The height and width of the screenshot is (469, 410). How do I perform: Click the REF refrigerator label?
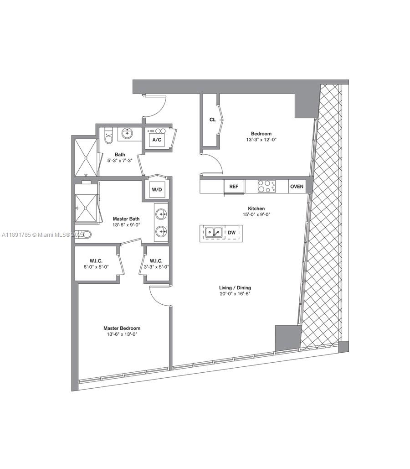click(234, 187)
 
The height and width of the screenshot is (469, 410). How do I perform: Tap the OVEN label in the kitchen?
click(297, 187)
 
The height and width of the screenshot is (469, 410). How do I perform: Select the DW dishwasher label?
click(231, 233)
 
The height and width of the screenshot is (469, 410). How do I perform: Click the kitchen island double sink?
click(214, 233)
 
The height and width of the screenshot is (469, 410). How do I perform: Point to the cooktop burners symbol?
click(266, 186)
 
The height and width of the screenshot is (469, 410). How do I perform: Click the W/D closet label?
click(157, 189)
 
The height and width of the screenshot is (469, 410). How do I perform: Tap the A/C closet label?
click(157, 140)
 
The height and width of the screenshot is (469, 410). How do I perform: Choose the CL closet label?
click(212, 120)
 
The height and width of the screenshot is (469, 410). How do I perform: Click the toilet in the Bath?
click(108, 136)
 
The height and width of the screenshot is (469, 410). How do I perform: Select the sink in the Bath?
click(127, 134)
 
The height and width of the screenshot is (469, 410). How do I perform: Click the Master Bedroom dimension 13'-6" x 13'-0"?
click(122, 334)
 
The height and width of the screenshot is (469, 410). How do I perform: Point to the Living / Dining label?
click(235, 288)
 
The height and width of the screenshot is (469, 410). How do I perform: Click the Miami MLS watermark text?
click(43, 234)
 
